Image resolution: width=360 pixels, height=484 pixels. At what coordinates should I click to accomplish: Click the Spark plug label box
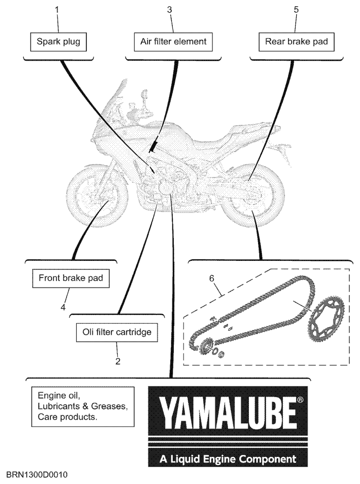pos(58,42)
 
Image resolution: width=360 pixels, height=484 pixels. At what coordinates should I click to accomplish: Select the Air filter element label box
pos(173,42)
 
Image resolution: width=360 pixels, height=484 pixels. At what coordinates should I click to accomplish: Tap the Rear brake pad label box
pos(296,42)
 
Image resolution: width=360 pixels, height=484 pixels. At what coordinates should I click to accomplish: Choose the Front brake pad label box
pos(70,278)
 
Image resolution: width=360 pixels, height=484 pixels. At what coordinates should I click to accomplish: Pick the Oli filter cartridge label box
pos(117,332)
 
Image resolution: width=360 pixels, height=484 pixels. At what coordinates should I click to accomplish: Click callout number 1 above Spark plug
pos(57,10)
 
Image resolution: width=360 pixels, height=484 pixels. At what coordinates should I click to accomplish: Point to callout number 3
pos(170,10)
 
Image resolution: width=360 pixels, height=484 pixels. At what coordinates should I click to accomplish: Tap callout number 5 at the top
pos(296,10)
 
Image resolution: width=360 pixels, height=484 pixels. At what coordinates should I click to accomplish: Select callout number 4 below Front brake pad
pos(63,307)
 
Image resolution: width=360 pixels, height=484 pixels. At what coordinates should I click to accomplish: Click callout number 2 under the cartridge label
pos(118,361)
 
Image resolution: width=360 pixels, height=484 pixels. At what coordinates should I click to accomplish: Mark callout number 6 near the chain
pos(211,278)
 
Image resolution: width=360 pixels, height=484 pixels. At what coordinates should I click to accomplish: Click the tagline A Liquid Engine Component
pos(228,459)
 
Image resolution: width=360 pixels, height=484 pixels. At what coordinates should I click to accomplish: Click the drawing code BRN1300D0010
pos(37,475)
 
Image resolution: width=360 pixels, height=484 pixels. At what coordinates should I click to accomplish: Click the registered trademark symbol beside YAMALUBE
pos(300,400)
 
